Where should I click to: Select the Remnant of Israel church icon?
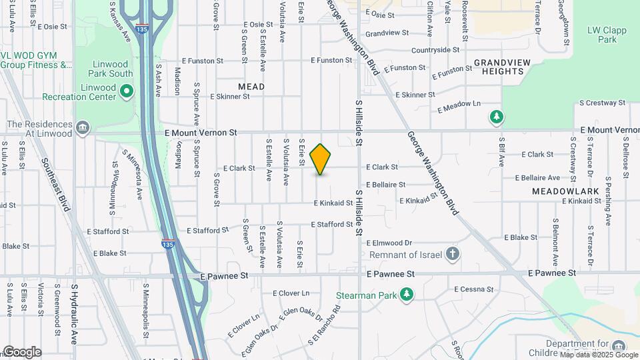coord(453,254)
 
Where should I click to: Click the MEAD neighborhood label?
coord(251,87)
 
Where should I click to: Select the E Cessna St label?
coord(473,289)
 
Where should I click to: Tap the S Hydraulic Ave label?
coord(75,306)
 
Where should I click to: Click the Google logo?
coord(21,352)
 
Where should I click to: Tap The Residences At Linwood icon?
coord(83,127)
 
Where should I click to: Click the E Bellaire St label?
coord(385,185)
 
